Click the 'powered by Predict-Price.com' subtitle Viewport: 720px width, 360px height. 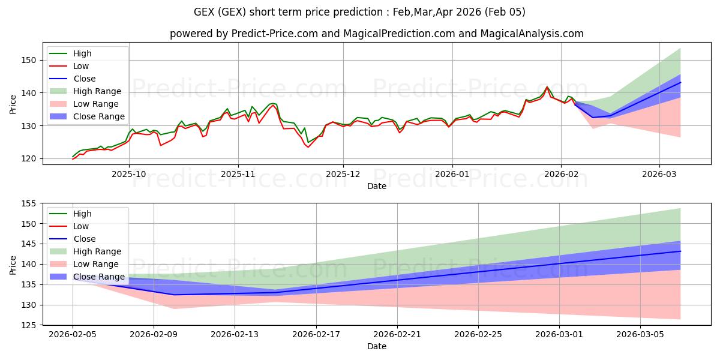pos(376,34)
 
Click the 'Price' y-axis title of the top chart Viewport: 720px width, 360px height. pos(13,104)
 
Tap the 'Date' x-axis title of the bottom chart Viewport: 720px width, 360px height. pos(376,346)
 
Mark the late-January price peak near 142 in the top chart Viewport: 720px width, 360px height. pos(547,87)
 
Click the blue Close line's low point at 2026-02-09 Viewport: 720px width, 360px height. pos(174,295)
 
